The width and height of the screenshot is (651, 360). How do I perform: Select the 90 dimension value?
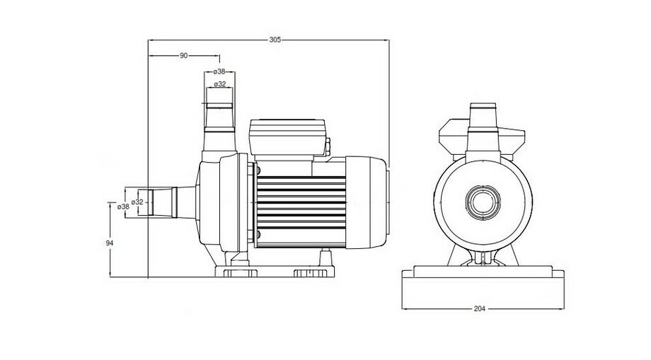point(184,55)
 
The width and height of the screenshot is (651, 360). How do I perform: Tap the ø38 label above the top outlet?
point(219,71)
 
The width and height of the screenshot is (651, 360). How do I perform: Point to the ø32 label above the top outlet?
point(219,84)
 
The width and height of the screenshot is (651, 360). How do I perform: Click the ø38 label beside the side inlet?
point(122,207)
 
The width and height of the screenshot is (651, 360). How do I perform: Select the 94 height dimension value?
point(110,243)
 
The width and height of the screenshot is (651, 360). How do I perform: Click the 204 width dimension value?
point(480,309)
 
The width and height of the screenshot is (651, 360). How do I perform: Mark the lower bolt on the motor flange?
point(258,235)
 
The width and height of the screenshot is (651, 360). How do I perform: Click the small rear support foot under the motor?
point(326,255)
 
